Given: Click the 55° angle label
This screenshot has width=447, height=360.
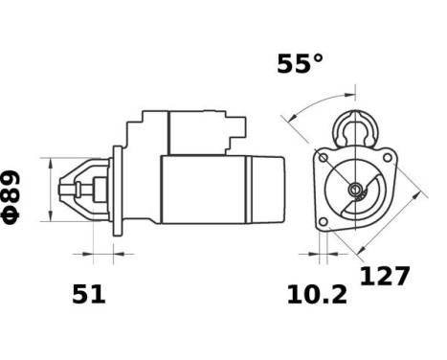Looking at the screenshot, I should [x=300, y=64].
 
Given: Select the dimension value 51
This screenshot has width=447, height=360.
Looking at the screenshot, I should [x=89, y=295].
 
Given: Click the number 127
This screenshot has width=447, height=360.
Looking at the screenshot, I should [x=385, y=276].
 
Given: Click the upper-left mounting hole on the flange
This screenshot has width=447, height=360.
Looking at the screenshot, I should [x=324, y=157].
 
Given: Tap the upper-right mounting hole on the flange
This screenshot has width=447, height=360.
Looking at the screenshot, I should [x=388, y=157].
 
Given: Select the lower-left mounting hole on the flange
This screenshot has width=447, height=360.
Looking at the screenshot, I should [x=324, y=220].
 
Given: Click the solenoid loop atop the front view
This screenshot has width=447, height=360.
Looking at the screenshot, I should [x=356, y=124].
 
